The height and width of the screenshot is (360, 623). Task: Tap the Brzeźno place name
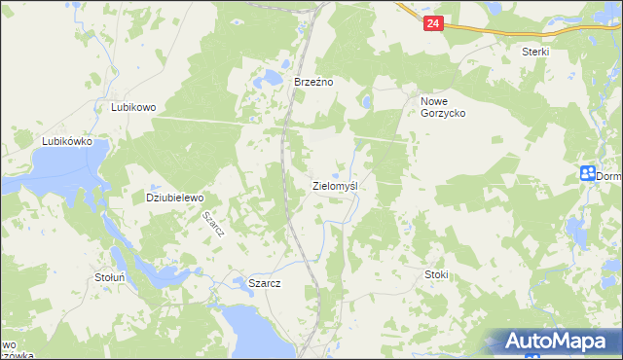click(314, 83)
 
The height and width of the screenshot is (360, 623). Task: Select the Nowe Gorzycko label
click(443, 107)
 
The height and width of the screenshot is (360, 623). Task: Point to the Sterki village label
click(535, 52)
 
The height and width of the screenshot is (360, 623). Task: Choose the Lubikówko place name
click(66, 141)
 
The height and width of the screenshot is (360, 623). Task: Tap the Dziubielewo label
click(174, 198)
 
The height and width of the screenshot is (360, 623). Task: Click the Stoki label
click(436, 274)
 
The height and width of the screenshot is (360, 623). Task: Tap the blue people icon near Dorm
click(587, 173)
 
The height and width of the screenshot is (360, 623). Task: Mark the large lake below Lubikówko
click(49, 175)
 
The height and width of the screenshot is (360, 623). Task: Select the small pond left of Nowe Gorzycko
click(365, 101)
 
